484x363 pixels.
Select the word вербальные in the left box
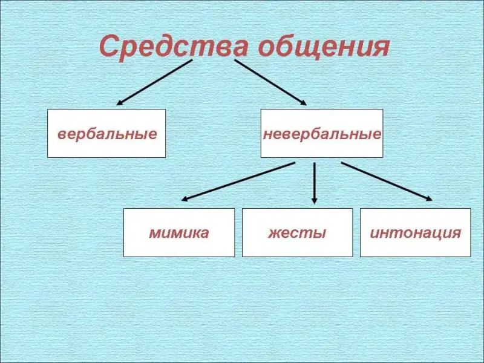coord(106,133)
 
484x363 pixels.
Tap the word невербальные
coord(322,133)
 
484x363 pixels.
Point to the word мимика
coord(179,232)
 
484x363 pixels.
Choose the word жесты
coord(297,232)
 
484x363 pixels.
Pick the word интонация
coord(415,232)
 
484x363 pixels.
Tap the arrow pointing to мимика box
coord(238,181)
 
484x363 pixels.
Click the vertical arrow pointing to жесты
coord(314,181)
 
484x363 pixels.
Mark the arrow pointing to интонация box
coord(387,181)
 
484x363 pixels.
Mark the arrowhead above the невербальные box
coord(302,102)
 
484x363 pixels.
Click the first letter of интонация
coord(373,233)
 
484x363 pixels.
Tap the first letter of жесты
coord(273,233)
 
